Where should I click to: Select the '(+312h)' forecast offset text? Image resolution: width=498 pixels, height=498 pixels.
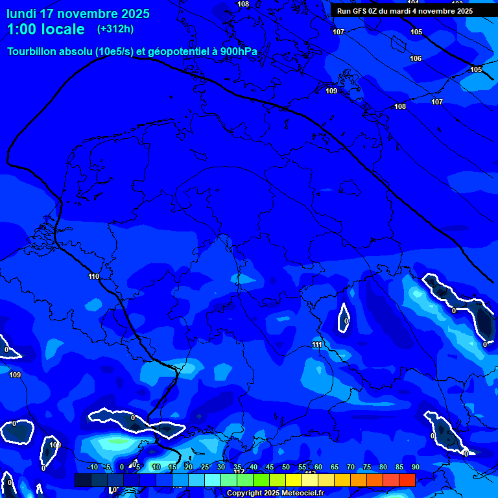pos(115,29)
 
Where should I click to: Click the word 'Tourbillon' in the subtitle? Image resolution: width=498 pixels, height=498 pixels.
pos(32,52)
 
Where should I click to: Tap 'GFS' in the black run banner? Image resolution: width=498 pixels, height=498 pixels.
pos(361,11)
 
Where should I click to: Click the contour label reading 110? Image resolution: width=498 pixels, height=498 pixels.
pos(94,277)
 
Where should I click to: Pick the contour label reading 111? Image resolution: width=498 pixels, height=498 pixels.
pos(316,344)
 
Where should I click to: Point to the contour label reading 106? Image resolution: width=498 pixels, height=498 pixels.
pos(416,59)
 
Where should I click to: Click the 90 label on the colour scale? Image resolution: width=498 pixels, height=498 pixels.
pos(415,468)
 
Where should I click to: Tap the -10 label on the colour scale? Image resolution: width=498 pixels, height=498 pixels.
pos(92,468)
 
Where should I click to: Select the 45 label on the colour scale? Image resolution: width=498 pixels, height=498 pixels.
pos(269,468)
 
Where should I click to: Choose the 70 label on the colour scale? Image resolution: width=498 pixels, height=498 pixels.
pos(350,468)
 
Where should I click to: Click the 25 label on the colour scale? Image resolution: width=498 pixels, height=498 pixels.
pos(204,468)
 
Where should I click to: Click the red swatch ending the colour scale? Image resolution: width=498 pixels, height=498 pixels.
pos(407,480)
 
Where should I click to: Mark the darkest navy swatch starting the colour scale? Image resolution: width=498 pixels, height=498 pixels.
pos(82,480)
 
